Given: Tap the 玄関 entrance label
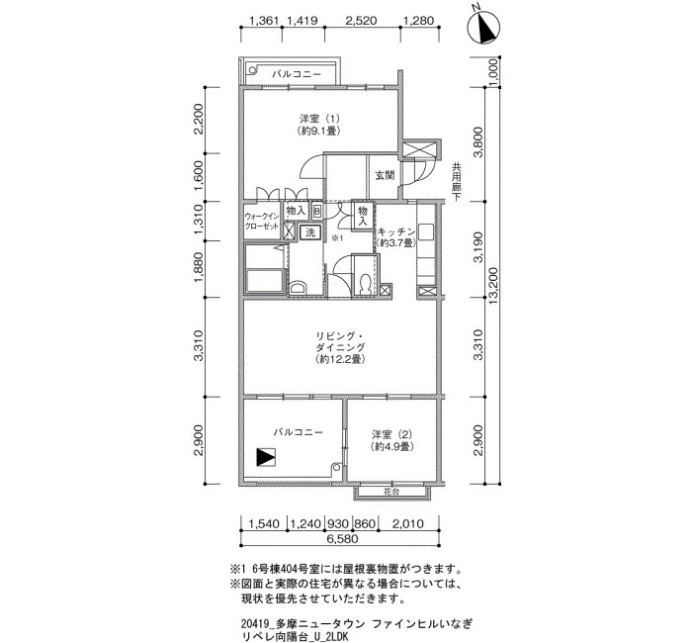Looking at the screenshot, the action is tap(385, 175).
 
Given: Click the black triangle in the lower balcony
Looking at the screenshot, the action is tap(266, 457).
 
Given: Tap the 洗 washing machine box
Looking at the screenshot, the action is tap(310, 231).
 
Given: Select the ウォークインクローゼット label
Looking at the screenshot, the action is tap(262, 221).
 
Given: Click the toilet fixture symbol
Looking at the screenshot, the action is tap(365, 285).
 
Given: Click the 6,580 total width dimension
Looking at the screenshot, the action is tap(342, 539).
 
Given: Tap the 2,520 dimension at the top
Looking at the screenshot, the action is tap(362, 21).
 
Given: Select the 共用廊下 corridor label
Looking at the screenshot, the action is tap(456, 182).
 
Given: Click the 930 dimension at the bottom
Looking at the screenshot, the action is tap(338, 524).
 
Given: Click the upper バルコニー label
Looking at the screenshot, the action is tap(297, 74).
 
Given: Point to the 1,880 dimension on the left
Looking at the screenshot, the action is tap(199, 268).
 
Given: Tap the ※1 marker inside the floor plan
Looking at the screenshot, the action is tap(338, 238).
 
